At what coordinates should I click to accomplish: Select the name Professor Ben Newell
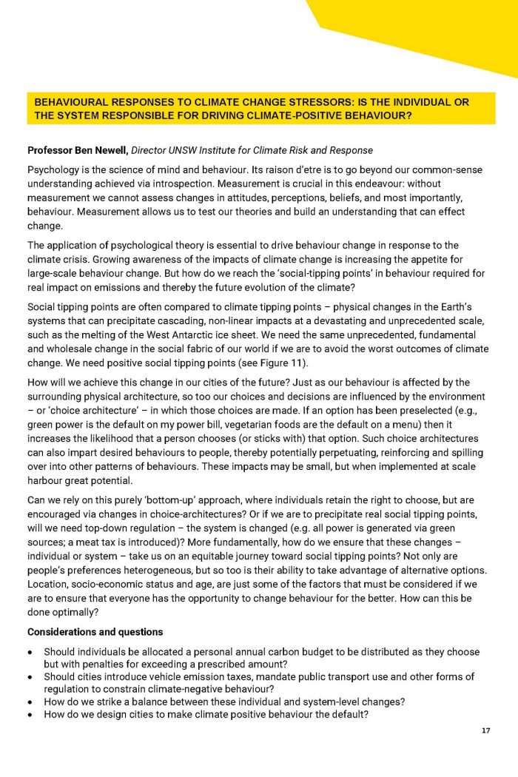76,151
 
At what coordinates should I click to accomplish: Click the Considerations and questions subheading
95,632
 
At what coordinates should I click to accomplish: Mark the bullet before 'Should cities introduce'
30,678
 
